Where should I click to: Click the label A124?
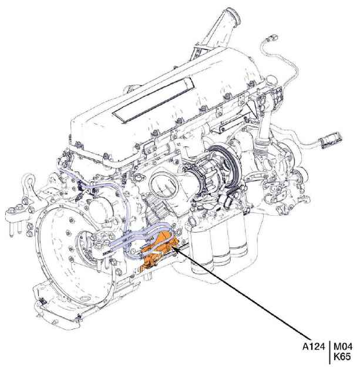click(313, 347)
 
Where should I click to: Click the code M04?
click(343, 347)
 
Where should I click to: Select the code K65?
click(342, 357)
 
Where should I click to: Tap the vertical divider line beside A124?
click(329, 352)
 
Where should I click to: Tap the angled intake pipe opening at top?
click(233, 16)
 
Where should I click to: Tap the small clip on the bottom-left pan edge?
click(43, 302)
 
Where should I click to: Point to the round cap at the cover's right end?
click(271, 81)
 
